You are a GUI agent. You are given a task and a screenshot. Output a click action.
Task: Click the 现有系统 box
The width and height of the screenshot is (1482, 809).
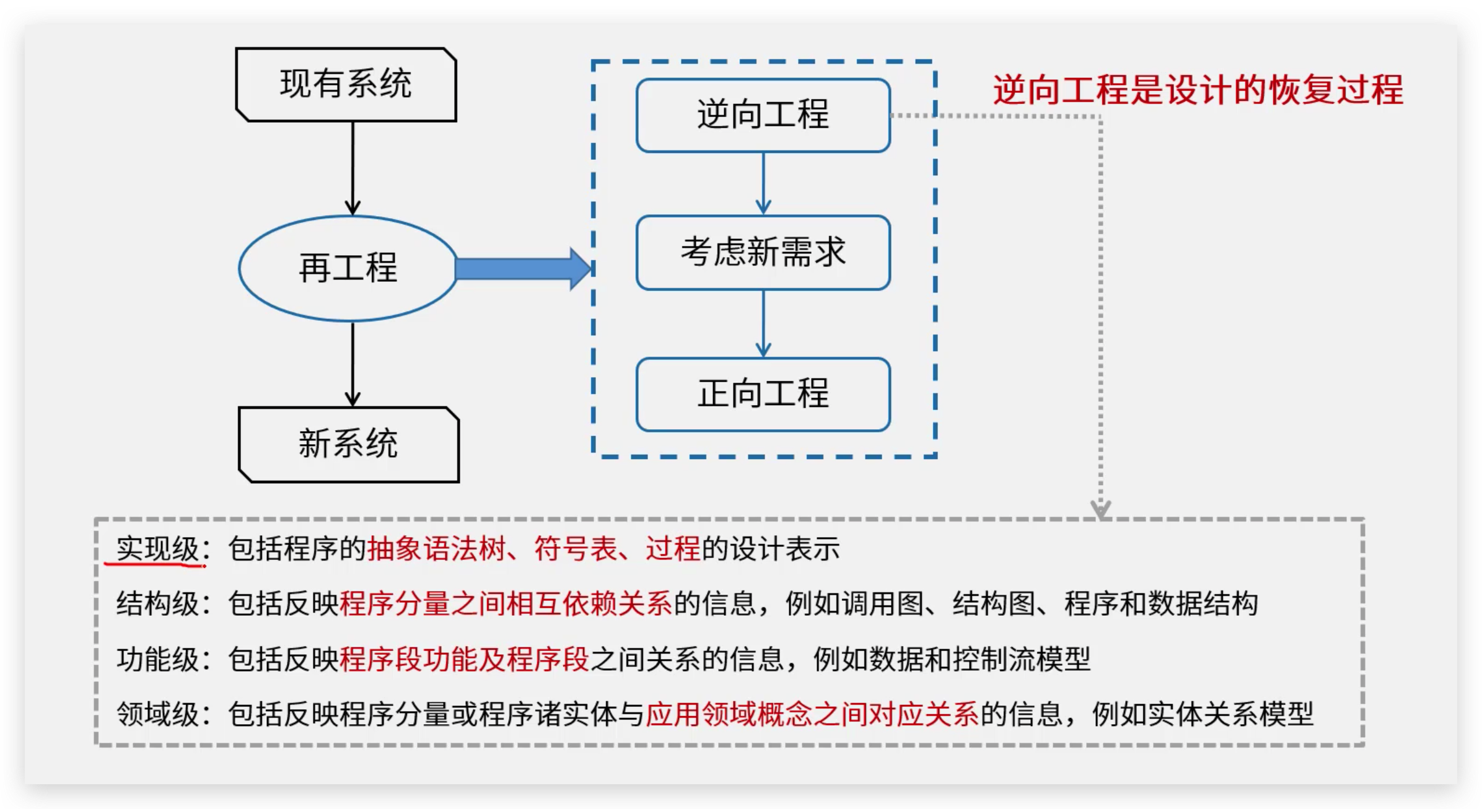click(x=346, y=84)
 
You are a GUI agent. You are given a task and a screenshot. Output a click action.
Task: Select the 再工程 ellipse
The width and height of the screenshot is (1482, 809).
click(x=348, y=268)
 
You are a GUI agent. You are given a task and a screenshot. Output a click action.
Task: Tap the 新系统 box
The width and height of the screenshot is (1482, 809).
click(x=348, y=444)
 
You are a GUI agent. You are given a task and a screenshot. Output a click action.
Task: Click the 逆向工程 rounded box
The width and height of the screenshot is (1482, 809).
click(x=763, y=115)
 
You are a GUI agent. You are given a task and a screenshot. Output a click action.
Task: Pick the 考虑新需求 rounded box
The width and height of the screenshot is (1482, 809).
click(x=763, y=252)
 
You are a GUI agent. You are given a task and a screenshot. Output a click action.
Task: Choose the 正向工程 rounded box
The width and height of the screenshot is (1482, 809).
click(x=763, y=394)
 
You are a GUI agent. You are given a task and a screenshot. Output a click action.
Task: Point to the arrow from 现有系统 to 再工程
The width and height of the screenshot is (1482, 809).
click(x=353, y=167)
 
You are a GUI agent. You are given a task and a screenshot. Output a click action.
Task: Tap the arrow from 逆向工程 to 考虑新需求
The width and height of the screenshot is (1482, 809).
click(x=763, y=183)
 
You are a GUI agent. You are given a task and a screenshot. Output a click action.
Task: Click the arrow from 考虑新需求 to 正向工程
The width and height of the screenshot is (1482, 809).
click(x=763, y=323)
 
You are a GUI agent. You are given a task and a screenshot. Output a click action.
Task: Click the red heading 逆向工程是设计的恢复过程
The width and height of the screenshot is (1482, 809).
click(x=1198, y=90)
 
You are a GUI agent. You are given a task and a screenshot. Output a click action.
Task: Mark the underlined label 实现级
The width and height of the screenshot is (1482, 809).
click(x=157, y=549)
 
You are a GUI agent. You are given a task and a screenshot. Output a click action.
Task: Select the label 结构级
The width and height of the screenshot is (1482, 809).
click(x=157, y=604)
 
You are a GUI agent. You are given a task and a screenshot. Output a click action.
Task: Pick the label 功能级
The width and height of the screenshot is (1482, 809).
click(x=157, y=659)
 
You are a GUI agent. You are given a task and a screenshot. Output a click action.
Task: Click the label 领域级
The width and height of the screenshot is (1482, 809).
click(x=157, y=714)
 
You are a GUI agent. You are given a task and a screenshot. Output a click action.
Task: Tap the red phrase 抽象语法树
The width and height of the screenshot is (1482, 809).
click(x=436, y=549)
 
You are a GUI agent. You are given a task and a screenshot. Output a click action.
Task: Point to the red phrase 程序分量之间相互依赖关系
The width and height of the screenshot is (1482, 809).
click(x=506, y=604)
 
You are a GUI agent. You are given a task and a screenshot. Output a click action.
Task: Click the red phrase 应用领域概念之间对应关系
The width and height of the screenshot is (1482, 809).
click(x=812, y=714)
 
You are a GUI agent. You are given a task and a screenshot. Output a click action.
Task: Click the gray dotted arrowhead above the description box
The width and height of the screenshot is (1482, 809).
click(x=1100, y=510)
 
